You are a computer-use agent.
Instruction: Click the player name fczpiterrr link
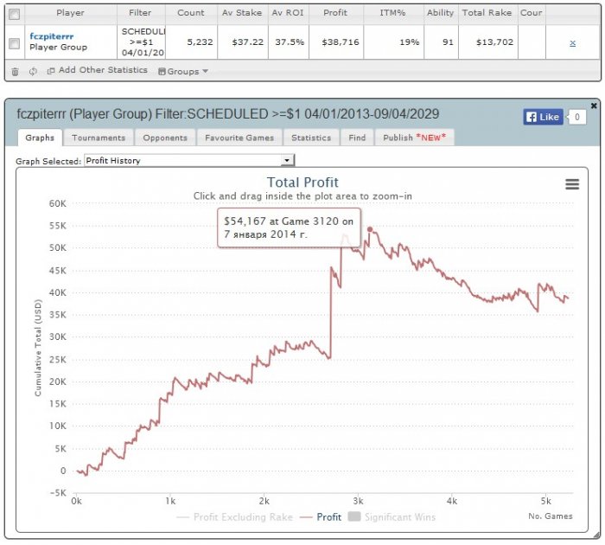51,36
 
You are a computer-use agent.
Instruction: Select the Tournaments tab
99,138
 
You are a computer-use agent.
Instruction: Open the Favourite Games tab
239,138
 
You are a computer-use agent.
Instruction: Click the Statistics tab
311,138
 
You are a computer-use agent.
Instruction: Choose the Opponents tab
165,138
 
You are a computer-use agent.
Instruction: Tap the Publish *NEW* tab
414,138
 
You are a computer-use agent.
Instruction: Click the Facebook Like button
544,117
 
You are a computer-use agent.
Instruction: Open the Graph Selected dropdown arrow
287,160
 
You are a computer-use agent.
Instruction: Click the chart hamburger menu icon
572,184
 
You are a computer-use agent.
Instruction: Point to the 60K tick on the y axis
58,203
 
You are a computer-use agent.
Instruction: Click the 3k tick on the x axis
358,501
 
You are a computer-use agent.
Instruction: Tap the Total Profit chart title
302,183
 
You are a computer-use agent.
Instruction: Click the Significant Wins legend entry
392,516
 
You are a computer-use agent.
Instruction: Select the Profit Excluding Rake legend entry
234,517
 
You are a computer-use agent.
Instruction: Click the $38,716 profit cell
341,42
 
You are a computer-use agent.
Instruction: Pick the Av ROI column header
288,13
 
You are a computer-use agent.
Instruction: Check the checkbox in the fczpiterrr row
15,43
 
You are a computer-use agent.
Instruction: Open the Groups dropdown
183,72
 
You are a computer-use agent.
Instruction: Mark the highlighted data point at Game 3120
370,230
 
